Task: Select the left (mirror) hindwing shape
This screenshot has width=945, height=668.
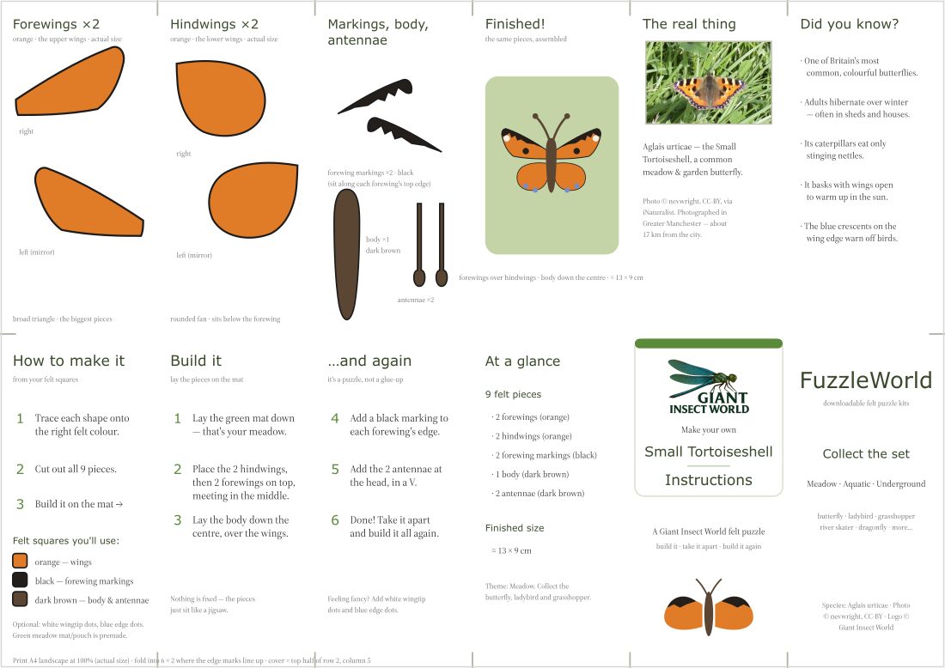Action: pos(253,199)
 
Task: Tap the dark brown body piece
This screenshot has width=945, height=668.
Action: pos(346,254)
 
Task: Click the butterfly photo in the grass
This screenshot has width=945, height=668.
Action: pos(708,82)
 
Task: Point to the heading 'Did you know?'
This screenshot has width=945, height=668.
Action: pos(849,24)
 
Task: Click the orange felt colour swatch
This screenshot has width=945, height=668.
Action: pos(20,561)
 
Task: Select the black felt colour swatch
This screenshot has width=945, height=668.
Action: pos(20,580)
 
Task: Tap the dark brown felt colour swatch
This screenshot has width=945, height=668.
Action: pos(20,598)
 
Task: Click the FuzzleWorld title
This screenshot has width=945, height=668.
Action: pos(866,380)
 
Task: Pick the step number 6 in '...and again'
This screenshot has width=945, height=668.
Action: pos(335,519)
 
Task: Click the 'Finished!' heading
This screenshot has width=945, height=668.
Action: pos(515,24)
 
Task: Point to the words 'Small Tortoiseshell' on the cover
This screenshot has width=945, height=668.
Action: pos(708,452)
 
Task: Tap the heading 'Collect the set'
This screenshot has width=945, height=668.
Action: pos(866,453)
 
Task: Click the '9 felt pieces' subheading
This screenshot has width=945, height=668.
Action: pos(513,394)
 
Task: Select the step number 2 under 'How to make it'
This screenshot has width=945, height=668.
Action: pos(20,469)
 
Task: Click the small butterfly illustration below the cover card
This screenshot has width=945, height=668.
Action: pos(709,607)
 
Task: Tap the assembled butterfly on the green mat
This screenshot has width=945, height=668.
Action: pos(551,153)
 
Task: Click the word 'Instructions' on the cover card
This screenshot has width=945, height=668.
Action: pos(708,480)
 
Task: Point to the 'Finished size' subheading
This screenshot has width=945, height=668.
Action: pos(515,528)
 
